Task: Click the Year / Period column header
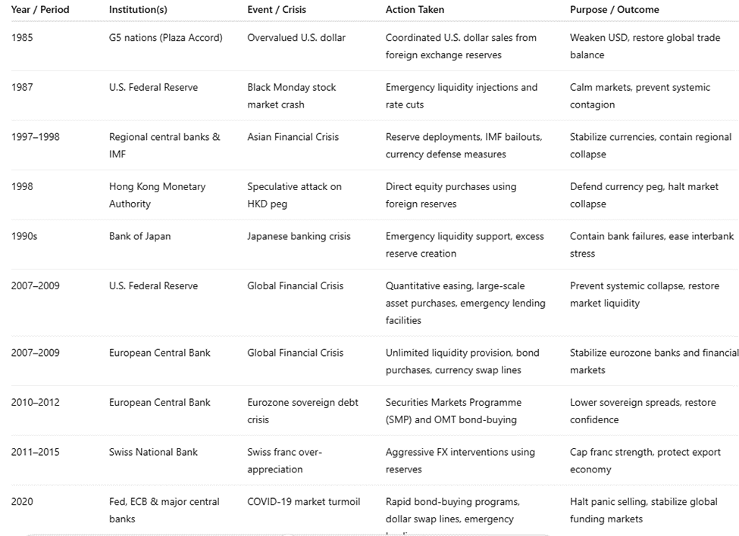(40, 10)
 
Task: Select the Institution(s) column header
(138, 10)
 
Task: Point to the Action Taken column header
(415, 10)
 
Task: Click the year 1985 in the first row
(22, 37)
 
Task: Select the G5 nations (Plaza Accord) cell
(165, 37)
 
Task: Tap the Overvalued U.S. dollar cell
(296, 37)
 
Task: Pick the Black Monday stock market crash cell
(291, 95)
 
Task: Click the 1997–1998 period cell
(35, 137)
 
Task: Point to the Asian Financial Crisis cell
(293, 137)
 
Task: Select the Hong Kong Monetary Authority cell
(157, 195)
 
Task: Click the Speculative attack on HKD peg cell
(294, 195)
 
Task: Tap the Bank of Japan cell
(139, 236)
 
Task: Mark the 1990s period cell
(24, 236)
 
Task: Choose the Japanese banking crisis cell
(299, 236)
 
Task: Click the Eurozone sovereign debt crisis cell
(302, 410)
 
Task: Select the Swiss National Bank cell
(153, 452)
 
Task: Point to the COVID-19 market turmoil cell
(303, 501)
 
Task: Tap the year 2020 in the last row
(22, 501)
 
